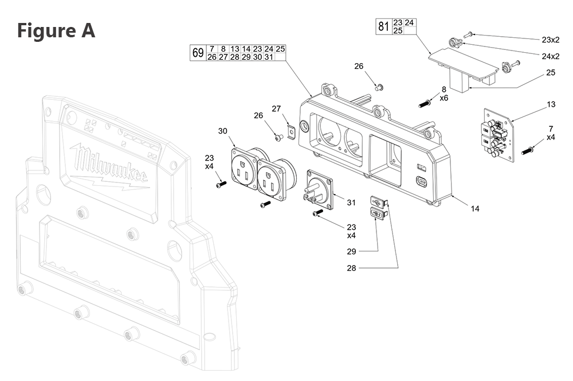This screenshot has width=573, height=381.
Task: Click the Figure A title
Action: (56, 30)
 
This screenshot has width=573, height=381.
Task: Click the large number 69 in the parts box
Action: (198, 53)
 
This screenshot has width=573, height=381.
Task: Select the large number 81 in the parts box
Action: (383, 26)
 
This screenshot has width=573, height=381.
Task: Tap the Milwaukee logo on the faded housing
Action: (108, 165)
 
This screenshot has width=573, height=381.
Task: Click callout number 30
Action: (222, 131)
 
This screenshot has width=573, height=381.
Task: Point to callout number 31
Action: (351, 202)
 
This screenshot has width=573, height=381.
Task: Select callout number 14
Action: (475, 208)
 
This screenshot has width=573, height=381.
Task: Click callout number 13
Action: (551, 104)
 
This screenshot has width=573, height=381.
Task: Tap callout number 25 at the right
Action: (551, 73)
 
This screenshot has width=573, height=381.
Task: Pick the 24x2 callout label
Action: (551, 56)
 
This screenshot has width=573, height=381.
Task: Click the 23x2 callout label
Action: (551, 40)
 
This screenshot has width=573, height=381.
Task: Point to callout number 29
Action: (351, 251)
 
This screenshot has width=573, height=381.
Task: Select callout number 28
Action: (351, 268)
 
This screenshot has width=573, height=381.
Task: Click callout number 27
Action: (276, 108)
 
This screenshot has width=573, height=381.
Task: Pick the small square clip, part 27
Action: (291, 131)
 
